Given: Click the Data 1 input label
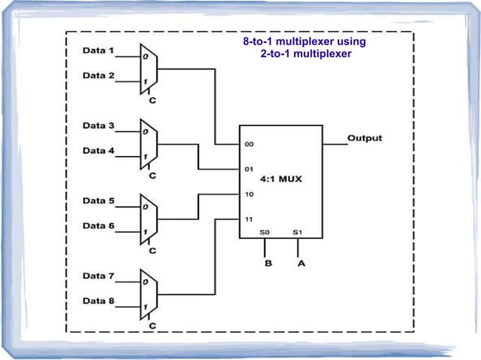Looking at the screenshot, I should tap(98, 51).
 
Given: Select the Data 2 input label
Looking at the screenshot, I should tap(98, 75).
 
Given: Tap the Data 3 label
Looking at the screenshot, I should tap(98, 125).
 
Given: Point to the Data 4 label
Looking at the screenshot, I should tap(98, 151).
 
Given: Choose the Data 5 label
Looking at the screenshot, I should tap(98, 201).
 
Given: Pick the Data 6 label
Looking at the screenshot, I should tap(98, 226).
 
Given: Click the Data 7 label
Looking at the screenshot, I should tap(98, 276).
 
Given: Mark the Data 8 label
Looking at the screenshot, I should tap(98, 301).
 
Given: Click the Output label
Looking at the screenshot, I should tap(364, 139).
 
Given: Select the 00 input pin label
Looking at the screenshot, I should tap(248, 144).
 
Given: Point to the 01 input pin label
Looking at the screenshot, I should tap(248, 169).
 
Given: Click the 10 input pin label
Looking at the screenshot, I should tap(248, 194).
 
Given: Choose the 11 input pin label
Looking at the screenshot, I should tap(248, 219).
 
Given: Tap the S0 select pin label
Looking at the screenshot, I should tap(265, 233).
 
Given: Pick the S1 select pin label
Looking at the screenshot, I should tap(298, 233).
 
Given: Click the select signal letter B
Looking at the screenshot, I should tap(267, 264).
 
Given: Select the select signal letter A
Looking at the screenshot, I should tap(301, 264).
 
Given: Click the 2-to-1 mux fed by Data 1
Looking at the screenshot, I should tap(149, 68).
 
